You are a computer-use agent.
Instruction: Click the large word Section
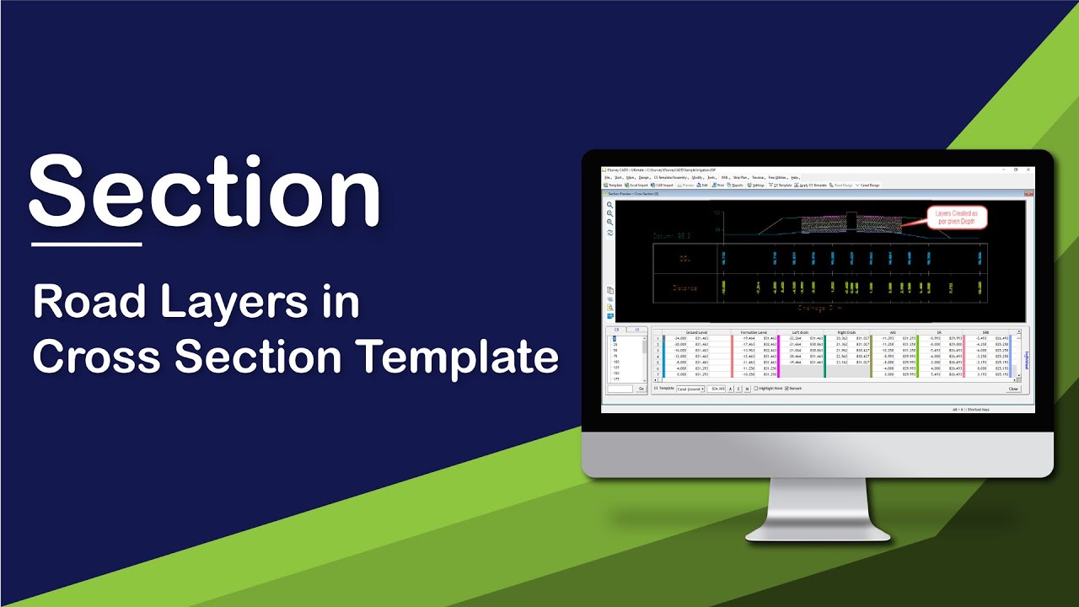204,192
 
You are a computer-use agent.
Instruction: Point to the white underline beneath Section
86,244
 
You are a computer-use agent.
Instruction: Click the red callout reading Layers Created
956,218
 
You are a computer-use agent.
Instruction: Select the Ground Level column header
696,332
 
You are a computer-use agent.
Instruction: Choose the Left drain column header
802,332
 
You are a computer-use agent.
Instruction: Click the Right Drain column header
846,332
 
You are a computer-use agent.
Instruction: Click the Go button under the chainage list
641,389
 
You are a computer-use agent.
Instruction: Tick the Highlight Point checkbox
755,389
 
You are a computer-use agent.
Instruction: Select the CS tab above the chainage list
616,329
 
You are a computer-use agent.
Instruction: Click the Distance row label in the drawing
684,288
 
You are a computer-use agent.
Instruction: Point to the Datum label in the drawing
671,237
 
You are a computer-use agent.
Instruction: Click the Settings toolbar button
756,185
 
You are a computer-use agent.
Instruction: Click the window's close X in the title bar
1028,169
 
